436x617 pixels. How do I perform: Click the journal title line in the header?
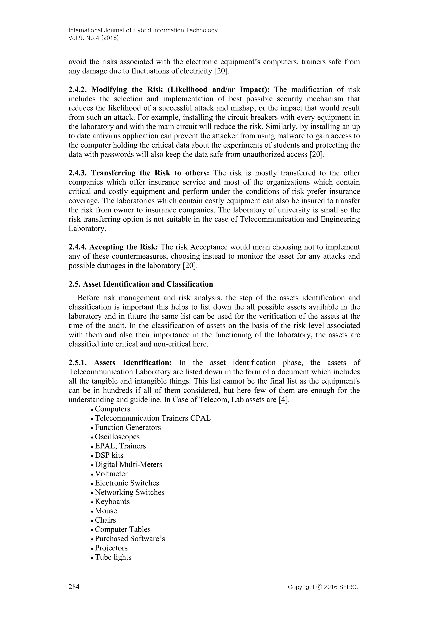(143, 30)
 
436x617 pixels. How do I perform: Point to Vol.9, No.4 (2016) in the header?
(94, 38)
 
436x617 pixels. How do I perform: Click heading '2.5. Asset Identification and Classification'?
(141, 284)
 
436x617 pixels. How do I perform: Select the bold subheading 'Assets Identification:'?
(133, 363)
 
